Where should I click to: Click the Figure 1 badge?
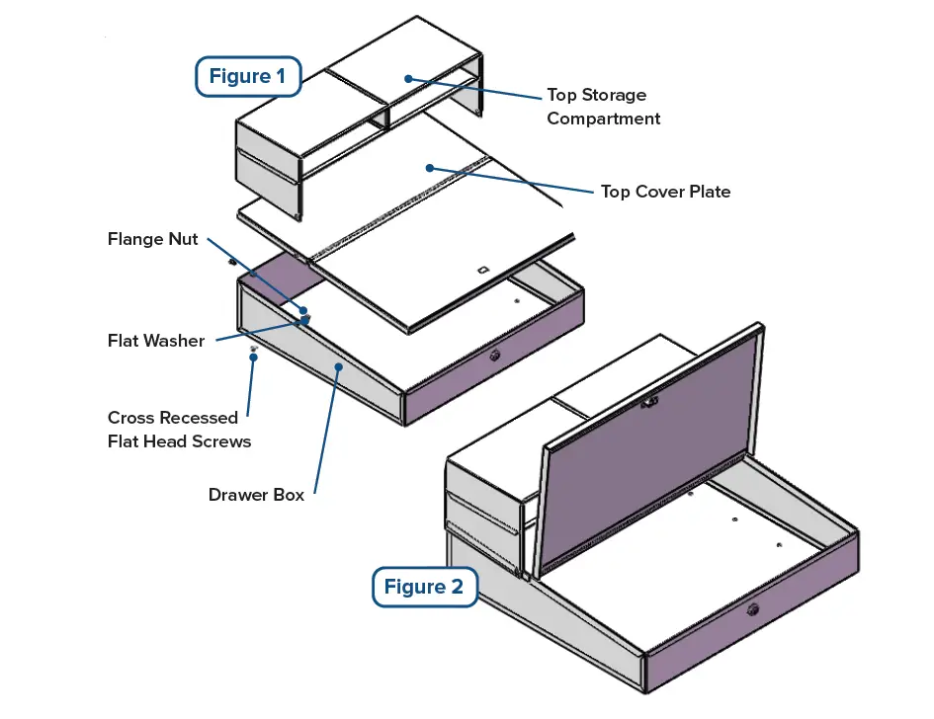[x=248, y=77]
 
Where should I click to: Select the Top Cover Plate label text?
[x=665, y=192]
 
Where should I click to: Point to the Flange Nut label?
[x=152, y=239]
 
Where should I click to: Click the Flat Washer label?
[x=156, y=341]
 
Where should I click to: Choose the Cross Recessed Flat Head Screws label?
[x=179, y=429]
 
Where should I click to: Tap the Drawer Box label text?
[x=256, y=494]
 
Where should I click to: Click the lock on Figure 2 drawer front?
[x=753, y=609]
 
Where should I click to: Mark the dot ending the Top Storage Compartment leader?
[x=407, y=78]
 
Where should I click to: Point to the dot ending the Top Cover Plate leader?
[x=430, y=168]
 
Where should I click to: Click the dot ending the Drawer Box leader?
[x=339, y=367]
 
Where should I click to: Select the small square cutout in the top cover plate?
[x=481, y=270]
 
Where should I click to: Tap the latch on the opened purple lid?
[x=649, y=402]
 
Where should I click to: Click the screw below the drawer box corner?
[x=254, y=350]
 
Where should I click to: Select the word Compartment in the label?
[x=603, y=119]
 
